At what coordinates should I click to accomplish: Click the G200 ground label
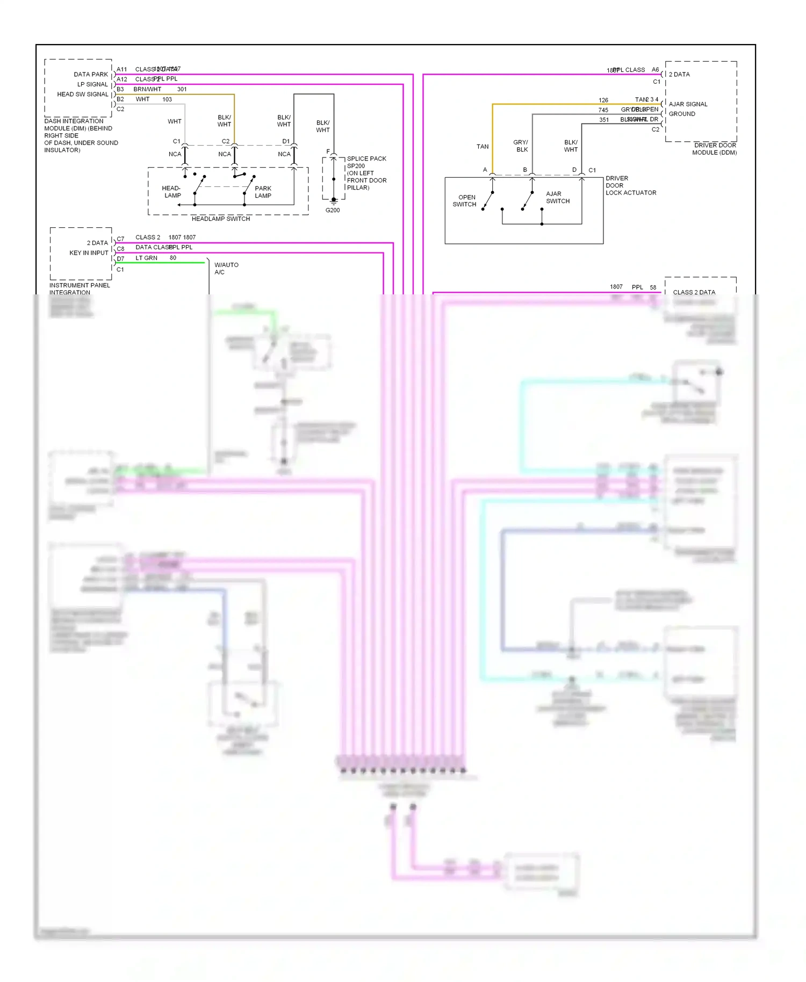pyautogui.click(x=333, y=210)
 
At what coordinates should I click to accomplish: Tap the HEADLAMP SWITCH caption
pyautogui.click(x=220, y=219)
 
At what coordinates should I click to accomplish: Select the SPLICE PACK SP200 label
pyautogui.click(x=366, y=162)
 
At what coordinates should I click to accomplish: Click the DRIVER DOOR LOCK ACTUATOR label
pyautogui.click(x=630, y=185)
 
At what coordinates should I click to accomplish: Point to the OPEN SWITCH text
pyautogui.click(x=465, y=200)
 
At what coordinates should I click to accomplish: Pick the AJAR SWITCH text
pyautogui.click(x=557, y=197)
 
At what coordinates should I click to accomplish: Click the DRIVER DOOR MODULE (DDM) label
pyautogui.click(x=714, y=149)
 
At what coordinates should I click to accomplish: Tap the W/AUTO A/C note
pyautogui.click(x=226, y=268)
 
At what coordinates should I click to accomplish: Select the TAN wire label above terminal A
pyautogui.click(x=483, y=147)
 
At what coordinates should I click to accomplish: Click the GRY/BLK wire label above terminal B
pyautogui.click(x=521, y=146)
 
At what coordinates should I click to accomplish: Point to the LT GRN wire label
pyautogui.click(x=146, y=258)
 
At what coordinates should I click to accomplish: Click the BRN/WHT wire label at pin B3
pyautogui.click(x=147, y=89)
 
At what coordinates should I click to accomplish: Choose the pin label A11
pyautogui.click(x=122, y=69)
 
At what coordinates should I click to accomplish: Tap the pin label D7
pyautogui.click(x=120, y=259)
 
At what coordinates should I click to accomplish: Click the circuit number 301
pyautogui.click(x=182, y=89)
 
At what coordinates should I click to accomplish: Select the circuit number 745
pyautogui.click(x=603, y=110)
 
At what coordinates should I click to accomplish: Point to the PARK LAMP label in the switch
pyautogui.click(x=263, y=192)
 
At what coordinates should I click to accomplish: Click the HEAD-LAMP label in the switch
pyautogui.click(x=172, y=192)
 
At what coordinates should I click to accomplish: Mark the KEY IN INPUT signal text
pyautogui.click(x=89, y=252)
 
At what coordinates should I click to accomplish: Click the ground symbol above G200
pyautogui.click(x=334, y=202)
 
